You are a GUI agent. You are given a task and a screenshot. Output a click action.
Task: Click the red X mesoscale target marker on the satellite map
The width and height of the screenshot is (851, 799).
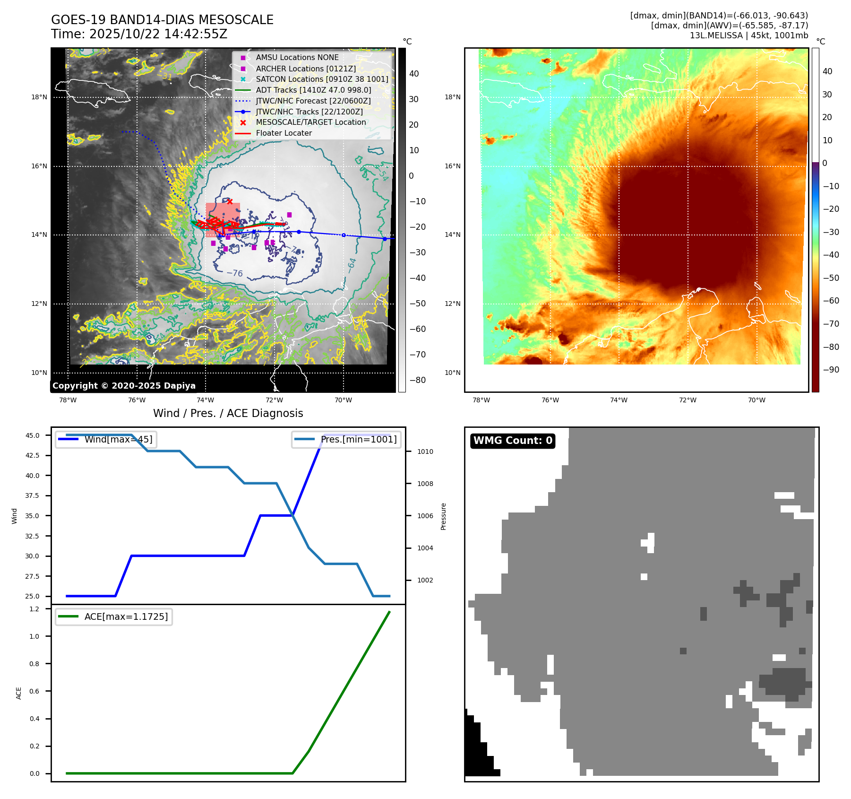point(230,201)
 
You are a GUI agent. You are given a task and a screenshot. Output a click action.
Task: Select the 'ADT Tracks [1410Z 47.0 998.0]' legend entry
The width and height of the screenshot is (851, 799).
point(313,90)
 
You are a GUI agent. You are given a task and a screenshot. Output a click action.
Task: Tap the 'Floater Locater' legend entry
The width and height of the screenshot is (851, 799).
point(284,133)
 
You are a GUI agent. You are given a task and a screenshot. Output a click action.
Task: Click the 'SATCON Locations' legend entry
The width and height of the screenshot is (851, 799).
point(322,79)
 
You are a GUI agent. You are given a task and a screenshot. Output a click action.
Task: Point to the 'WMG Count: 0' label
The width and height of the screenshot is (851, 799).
point(513,441)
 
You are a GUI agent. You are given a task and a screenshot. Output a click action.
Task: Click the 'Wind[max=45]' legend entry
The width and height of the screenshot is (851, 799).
point(118,440)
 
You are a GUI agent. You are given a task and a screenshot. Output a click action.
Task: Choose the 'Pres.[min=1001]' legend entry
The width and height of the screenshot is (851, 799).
point(358,440)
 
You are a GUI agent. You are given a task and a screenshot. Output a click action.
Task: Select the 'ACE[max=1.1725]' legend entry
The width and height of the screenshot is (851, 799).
point(126,617)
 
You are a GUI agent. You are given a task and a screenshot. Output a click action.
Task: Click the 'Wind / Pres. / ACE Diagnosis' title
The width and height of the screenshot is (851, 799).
point(228,413)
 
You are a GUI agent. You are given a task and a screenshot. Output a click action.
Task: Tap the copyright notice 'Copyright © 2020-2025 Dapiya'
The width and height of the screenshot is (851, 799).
point(124,386)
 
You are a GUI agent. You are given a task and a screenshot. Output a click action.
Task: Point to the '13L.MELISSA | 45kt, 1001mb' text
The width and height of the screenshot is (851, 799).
point(748,35)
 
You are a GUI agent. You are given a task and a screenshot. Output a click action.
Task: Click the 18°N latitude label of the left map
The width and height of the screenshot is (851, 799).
point(39,97)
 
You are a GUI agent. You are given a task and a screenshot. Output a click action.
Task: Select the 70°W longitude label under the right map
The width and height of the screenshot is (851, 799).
point(756,400)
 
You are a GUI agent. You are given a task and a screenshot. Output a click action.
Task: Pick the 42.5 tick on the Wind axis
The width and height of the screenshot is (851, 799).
point(33,455)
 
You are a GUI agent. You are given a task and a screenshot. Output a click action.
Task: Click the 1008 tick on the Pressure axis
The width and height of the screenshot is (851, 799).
point(425,484)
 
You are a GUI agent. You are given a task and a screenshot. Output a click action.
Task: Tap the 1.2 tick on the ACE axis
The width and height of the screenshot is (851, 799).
point(34,609)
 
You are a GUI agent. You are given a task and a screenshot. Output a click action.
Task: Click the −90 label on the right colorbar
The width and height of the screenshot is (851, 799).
point(831,370)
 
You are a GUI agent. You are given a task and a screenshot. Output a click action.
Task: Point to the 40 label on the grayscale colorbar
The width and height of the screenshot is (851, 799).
point(414,74)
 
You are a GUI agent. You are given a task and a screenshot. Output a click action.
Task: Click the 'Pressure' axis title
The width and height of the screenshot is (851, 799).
point(443,516)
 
